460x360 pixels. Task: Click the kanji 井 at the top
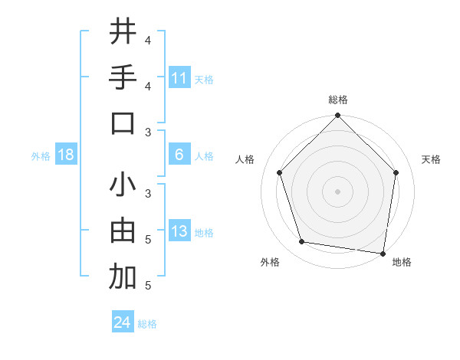click(x=123, y=32)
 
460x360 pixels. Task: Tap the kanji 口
click(x=123, y=123)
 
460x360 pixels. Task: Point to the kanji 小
click(x=123, y=186)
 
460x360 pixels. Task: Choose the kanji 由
click(x=123, y=232)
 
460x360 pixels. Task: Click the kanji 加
click(x=123, y=278)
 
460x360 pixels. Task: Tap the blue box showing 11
click(x=179, y=77)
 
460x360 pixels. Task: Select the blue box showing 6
click(x=179, y=155)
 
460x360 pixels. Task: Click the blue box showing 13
click(x=179, y=232)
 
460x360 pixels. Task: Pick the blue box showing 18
click(x=66, y=155)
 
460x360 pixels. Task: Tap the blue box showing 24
click(x=123, y=322)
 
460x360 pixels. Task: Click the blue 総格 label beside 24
click(x=147, y=324)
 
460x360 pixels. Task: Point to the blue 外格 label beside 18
click(x=41, y=155)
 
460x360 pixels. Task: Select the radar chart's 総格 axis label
click(x=337, y=100)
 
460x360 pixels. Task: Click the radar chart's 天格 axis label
click(x=432, y=159)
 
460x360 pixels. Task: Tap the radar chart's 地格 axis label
click(x=402, y=262)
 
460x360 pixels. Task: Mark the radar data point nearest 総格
click(x=337, y=116)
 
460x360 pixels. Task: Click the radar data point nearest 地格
click(x=383, y=253)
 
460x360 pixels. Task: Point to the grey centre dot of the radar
click(x=337, y=191)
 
